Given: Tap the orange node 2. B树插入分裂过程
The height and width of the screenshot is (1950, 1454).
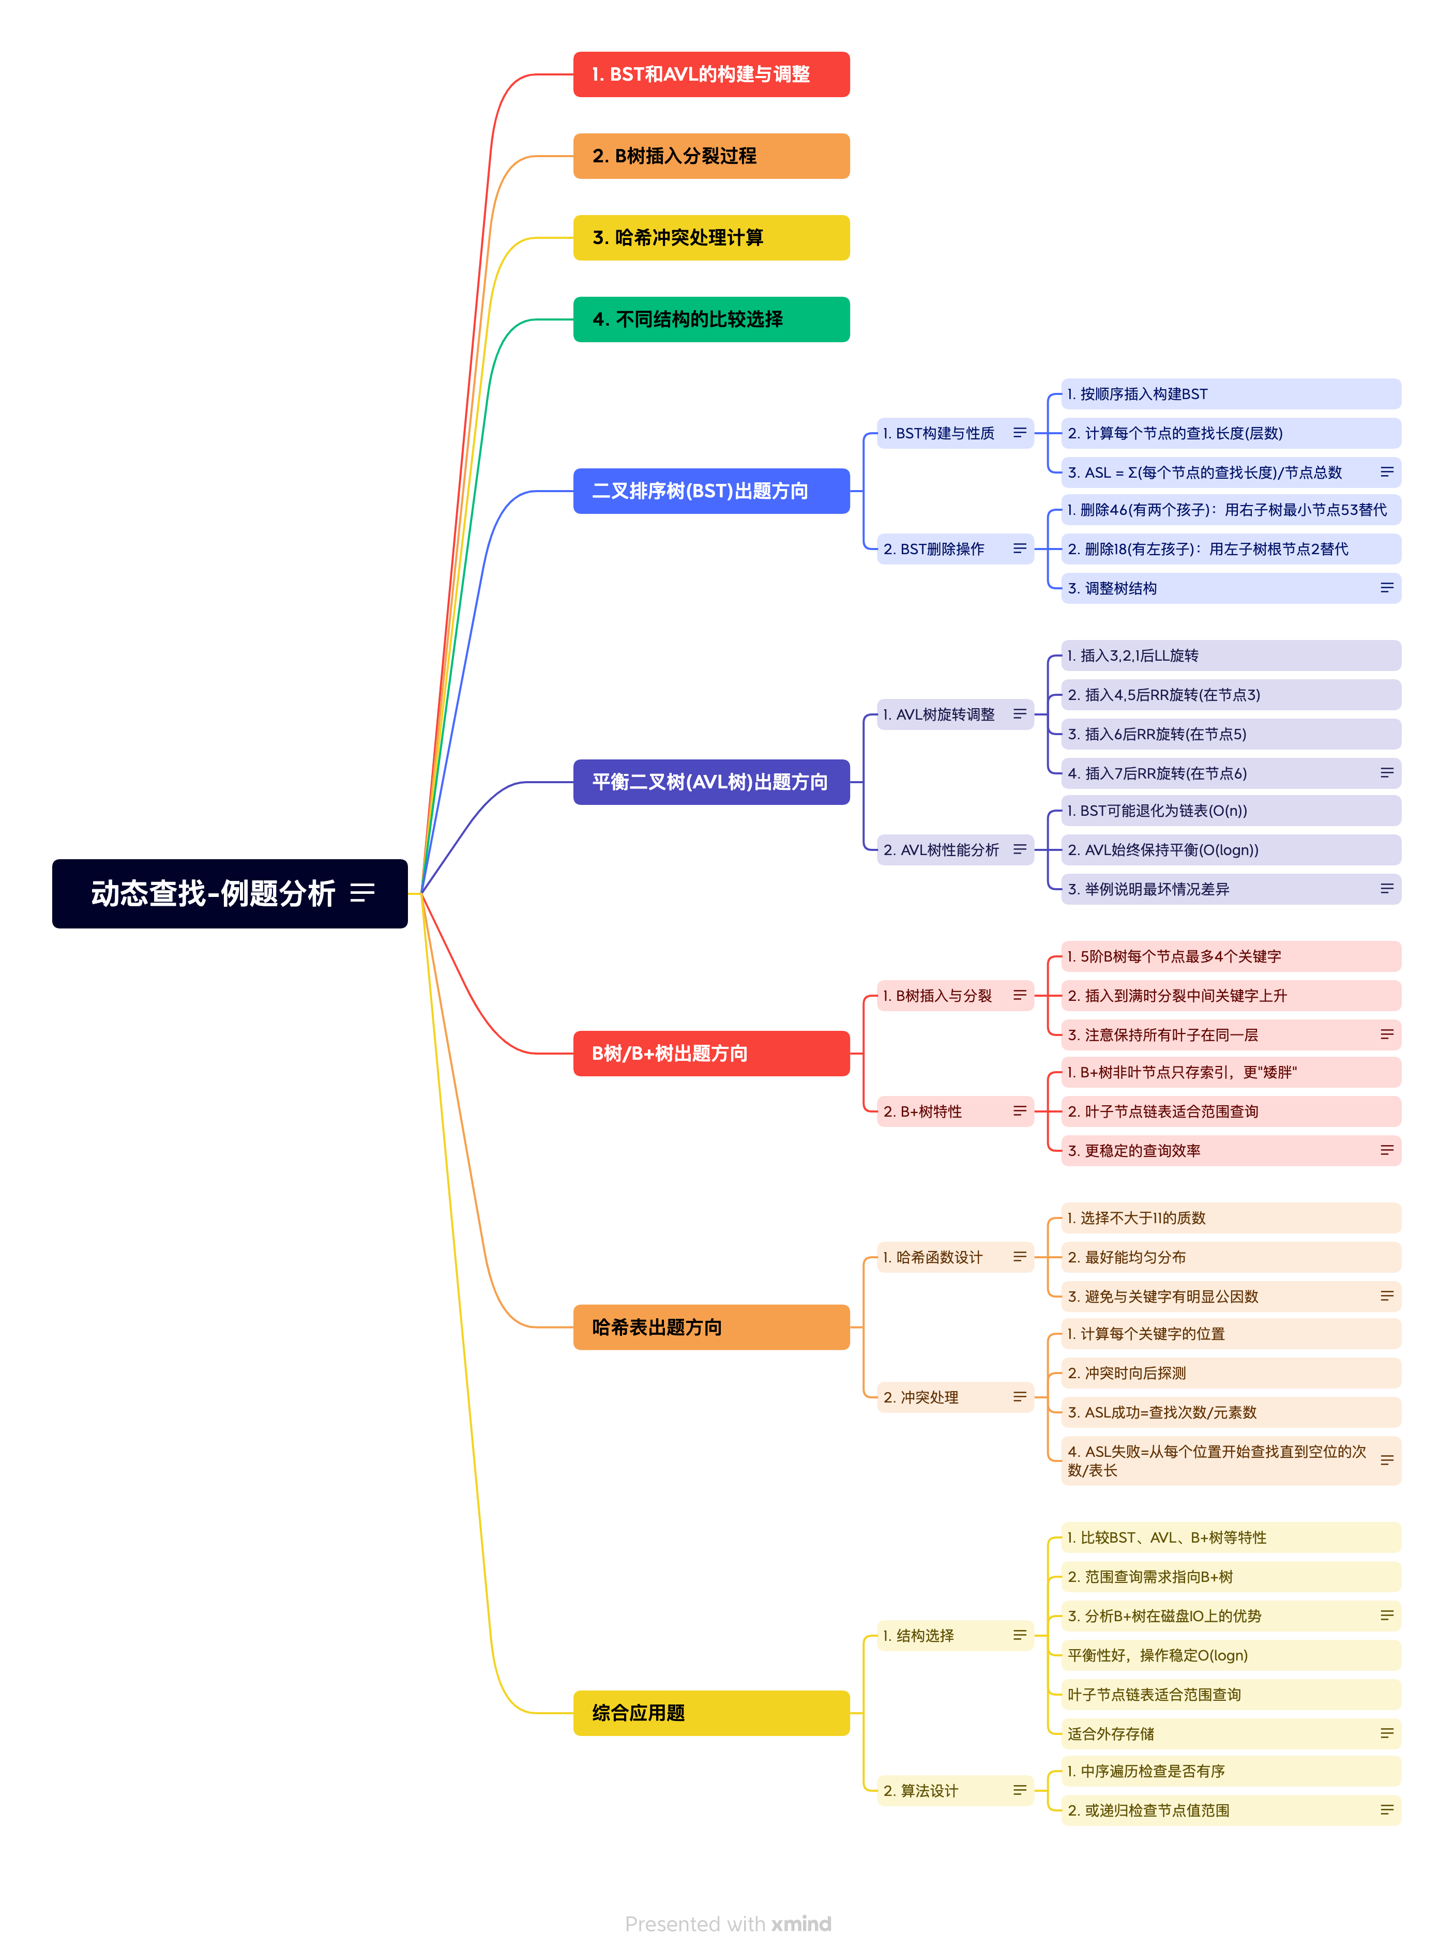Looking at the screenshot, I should (x=710, y=156).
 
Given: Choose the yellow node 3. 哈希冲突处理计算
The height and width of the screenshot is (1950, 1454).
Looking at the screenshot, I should (x=710, y=238).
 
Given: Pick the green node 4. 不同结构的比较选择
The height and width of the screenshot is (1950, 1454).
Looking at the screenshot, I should (x=710, y=319).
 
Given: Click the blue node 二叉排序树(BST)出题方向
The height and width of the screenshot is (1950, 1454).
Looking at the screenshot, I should (x=710, y=491).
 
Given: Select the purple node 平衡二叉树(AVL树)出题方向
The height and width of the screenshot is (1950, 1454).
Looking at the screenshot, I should (x=710, y=782).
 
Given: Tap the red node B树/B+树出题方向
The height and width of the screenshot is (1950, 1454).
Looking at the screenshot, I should (x=710, y=1053).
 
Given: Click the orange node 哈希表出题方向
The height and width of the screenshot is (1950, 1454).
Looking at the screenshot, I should (x=710, y=1327).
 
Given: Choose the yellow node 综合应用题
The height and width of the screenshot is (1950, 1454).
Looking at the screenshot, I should (x=710, y=1712).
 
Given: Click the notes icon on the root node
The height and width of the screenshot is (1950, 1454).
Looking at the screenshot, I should (x=362, y=893).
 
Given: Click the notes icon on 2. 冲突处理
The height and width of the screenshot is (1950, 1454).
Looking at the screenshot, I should (x=1019, y=1396).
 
